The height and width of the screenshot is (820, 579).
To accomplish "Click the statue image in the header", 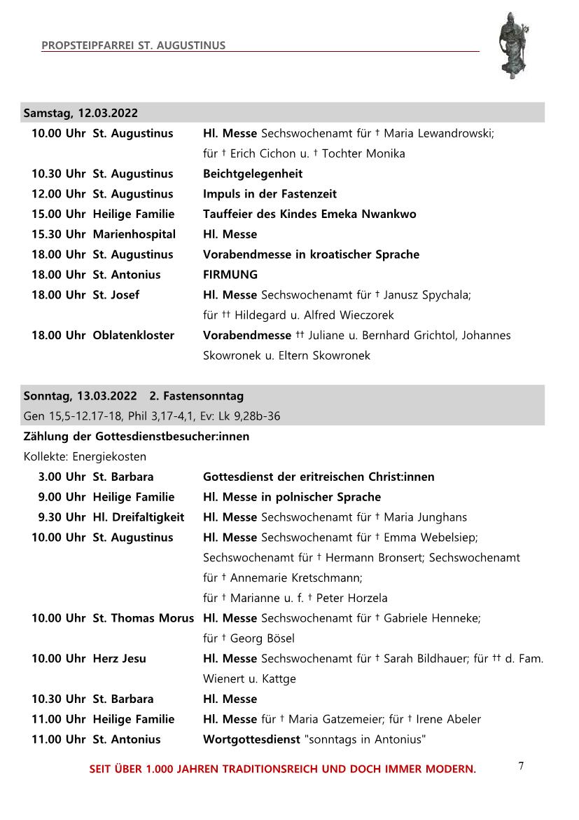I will pos(512,46).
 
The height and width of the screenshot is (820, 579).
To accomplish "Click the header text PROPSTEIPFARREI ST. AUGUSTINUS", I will pos(133,46).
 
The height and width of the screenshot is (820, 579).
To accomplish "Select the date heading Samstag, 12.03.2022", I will pos(81,113).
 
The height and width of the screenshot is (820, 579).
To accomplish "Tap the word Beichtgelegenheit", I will pos(253,174).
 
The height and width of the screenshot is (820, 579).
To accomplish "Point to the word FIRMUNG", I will pos(230,275).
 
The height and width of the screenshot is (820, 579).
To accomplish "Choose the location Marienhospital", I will pos(134,234).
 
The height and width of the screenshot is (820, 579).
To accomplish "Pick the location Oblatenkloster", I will pos(134,336).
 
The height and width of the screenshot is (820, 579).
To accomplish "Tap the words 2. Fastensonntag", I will pos(197,397).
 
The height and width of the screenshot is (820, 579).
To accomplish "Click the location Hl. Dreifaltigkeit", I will pos(139,517).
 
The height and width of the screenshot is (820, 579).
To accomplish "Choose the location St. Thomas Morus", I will pos(144,618).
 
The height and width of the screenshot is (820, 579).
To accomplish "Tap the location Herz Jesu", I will pos(120,659).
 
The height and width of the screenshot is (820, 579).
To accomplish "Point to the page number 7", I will pos(521,766).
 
